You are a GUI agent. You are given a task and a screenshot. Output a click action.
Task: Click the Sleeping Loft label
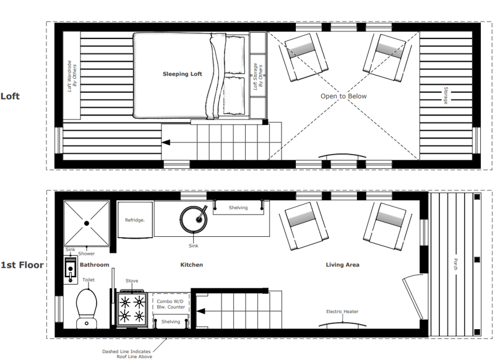[x=183, y=74]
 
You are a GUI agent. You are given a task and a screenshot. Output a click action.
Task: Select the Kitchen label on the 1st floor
[x=192, y=265]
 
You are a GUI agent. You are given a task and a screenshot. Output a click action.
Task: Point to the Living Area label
[x=343, y=265]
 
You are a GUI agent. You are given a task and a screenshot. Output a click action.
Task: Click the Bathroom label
[x=94, y=265]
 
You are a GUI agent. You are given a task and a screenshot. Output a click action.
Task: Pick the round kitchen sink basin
[x=194, y=218]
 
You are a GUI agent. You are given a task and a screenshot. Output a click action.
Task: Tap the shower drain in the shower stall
[x=87, y=221]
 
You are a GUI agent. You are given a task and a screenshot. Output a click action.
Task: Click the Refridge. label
[x=135, y=220]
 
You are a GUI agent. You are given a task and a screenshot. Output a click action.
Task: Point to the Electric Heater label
[x=342, y=311]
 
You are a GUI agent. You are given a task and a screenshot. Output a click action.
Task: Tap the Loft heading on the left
[x=11, y=96]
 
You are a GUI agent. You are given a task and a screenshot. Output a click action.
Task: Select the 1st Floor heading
[x=22, y=265]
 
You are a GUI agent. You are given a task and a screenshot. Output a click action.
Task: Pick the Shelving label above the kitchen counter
[x=238, y=208]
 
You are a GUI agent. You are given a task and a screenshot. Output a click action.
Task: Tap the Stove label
[x=132, y=281]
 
